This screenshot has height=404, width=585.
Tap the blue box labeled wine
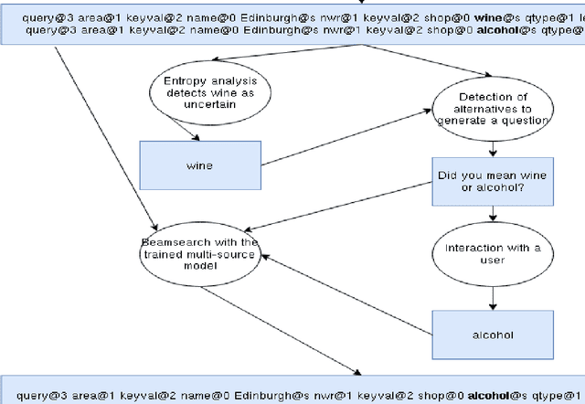click(199, 165)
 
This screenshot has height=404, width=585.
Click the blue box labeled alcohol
click(493, 335)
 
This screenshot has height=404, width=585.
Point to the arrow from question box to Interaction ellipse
click(493, 214)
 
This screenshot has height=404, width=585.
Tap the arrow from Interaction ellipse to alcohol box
click(493, 297)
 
